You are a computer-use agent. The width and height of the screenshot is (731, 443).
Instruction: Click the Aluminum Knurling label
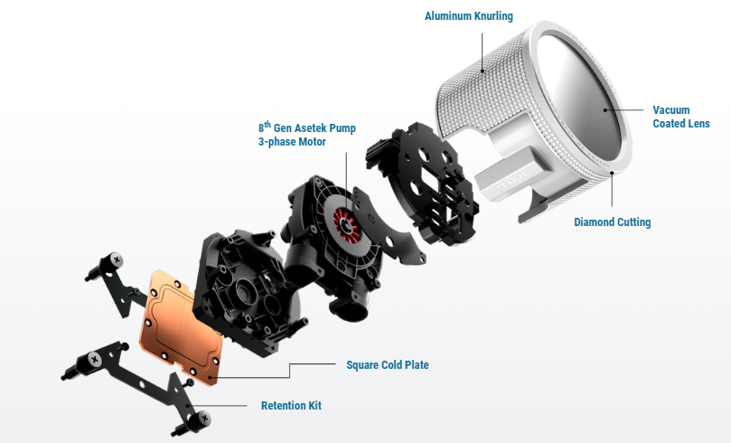click(469, 16)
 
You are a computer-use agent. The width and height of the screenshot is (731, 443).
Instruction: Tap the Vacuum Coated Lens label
click(681, 117)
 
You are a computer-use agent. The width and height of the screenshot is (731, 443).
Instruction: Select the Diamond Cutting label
click(612, 222)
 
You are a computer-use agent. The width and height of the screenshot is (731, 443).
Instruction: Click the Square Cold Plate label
click(388, 364)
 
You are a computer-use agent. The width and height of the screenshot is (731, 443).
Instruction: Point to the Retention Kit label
click(291, 405)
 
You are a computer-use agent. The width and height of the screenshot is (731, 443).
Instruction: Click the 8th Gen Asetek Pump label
click(307, 127)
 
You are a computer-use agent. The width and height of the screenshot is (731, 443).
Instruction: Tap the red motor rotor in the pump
click(346, 221)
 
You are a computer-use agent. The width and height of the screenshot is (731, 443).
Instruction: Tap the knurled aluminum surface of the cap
click(485, 93)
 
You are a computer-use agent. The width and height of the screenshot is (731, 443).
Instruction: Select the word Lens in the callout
click(698, 124)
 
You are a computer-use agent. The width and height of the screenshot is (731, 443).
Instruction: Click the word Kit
click(314, 405)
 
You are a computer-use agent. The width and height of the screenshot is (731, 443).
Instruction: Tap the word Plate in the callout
click(417, 364)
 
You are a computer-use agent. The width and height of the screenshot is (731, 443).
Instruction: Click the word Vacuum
click(670, 110)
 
